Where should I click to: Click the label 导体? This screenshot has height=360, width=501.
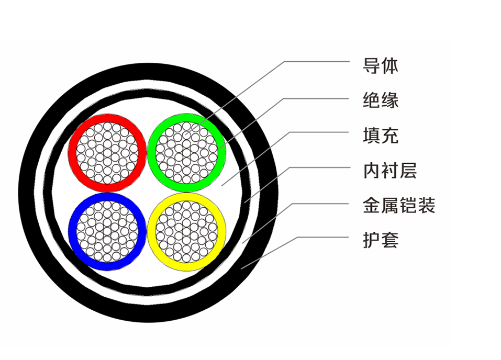point(381,66)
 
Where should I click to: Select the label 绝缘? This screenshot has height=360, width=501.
point(381,100)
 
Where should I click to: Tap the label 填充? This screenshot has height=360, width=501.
point(381,136)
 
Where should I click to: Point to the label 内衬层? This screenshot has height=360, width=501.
point(390,170)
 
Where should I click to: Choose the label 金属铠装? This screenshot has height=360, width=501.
point(399,205)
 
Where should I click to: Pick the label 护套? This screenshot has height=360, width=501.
point(381,240)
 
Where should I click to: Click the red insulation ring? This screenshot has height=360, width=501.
point(72,153)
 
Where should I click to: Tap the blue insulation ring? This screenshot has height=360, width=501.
point(72,231)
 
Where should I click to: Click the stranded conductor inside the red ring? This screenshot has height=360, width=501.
point(107,153)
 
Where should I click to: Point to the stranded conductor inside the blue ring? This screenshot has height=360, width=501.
point(107,231)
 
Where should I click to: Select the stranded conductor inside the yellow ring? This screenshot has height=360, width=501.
point(186,231)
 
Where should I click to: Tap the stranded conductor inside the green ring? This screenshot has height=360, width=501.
point(186,153)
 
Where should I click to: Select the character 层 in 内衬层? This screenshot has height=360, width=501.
point(408,170)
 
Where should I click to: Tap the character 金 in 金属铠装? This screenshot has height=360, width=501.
point(372,205)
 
